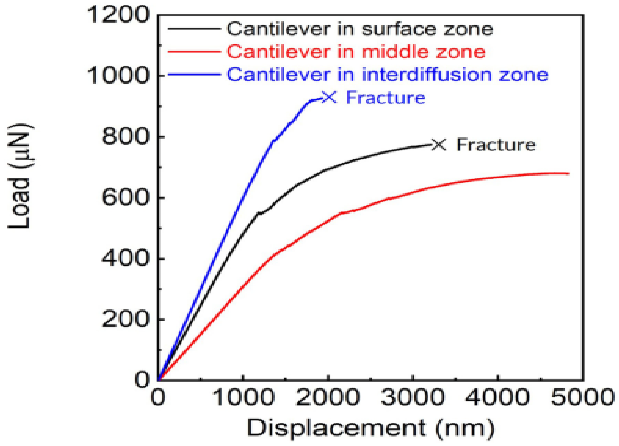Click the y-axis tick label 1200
pyautogui.click(x=118, y=14)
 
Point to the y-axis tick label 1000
pyautogui.click(x=118, y=75)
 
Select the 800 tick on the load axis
pyautogui.click(x=125, y=136)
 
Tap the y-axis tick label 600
pyautogui.click(x=125, y=197)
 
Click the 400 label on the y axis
pyautogui.click(x=125, y=258)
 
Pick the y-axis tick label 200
pyautogui.click(x=125, y=319)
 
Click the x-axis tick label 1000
pyautogui.click(x=243, y=397)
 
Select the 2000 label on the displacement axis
pyautogui.click(x=328, y=397)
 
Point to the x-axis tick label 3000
pyautogui.click(x=413, y=397)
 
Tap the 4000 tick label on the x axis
pyautogui.click(x=497, y=397)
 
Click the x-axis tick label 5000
pyautogui.click(x=582, y=397)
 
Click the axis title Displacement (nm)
pyautogui.click(x=370, y=428)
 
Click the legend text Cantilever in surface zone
pyautogui.click(x=360, y=29)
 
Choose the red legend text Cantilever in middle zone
pyautogui.click(x=356, y=52)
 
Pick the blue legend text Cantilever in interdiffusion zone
pyautogui.click(x=387, y=75)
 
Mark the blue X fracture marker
pyautogui.click(x=329, y=97)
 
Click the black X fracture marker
pyautogui.click(x=439, y=145)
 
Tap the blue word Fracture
pyautogui.click(x=385, y=98)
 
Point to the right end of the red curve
pyautogui.click(x=569, y=174)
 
